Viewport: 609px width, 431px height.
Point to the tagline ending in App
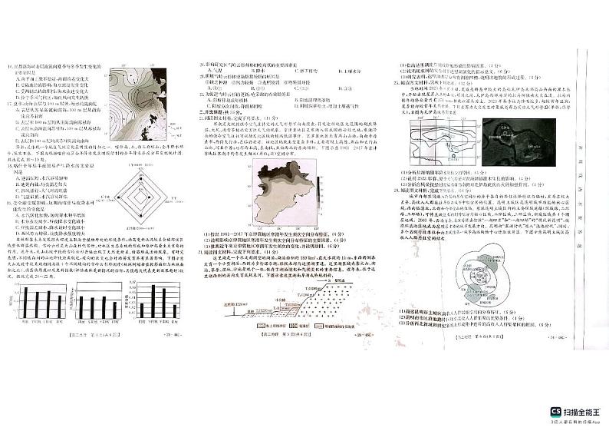[x=577, y=422]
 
